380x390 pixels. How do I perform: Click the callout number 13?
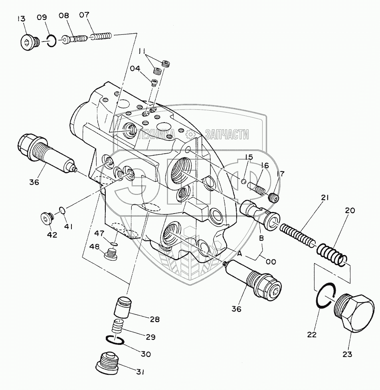click(21, 18)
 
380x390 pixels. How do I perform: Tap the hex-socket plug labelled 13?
click(28, 42)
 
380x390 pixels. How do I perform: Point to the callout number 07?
click(84, 16)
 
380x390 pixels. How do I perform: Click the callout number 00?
click(271, 261)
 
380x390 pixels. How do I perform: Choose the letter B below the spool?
click(261, 239)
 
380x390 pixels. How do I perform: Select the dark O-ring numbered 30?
click(115, 341)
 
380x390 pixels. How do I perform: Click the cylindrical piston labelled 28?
click(122, 307)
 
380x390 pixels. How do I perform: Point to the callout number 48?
click(94, 247)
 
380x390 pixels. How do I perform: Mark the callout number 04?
click(135, 68)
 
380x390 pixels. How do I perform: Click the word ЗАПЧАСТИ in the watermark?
click(227, 135)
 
